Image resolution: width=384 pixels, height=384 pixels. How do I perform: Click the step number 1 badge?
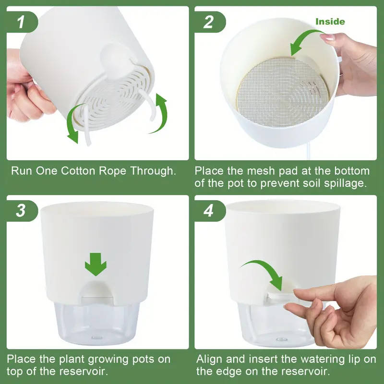pyautogui.click(x=20, y=22)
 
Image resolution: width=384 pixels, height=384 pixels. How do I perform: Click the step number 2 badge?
pyautogui.click(x=208, y=22)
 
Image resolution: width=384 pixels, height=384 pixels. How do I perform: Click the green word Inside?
pyautogui.click(x=330, y=22)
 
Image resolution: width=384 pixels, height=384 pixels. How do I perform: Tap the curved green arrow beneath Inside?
pyautogui.click(x=307, y=41)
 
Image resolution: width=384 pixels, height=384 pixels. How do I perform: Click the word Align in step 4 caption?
pyautogui.click(x=210, y=359)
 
